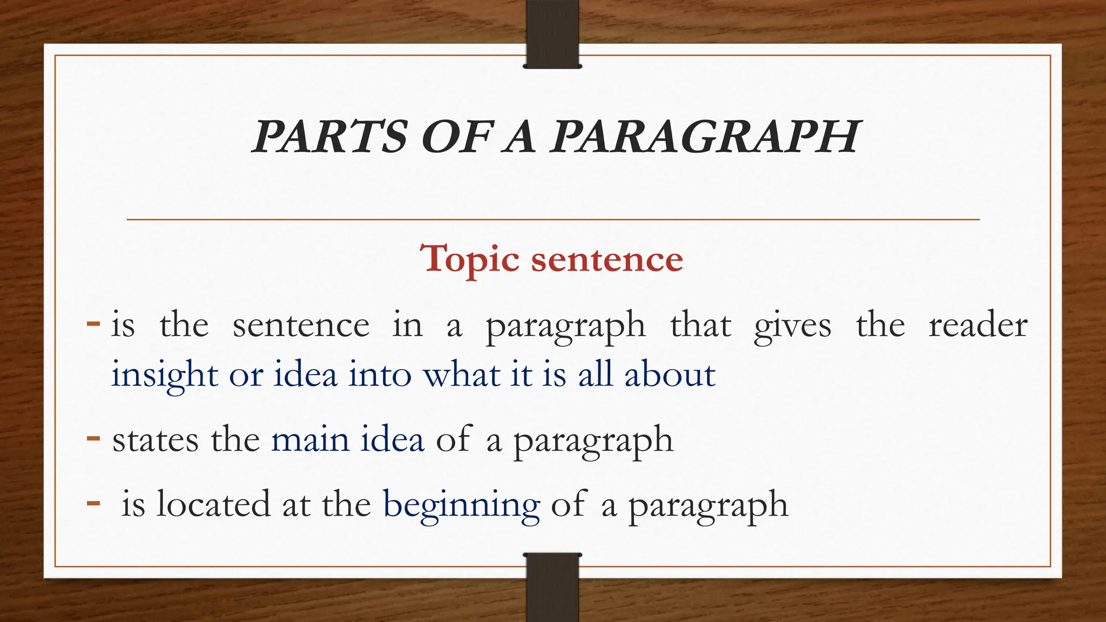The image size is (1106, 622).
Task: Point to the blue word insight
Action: (164, 375)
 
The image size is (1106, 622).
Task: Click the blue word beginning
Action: (461, 505)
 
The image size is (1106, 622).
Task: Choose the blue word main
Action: (310, 440)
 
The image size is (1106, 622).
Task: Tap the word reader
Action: (977, 326)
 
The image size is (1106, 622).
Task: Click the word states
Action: (156, 440)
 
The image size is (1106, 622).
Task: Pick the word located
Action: (213, 504)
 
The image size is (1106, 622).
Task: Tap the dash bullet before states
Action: (93, 437)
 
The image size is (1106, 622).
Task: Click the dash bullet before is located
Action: (93, 503)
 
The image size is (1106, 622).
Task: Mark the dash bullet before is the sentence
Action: (93, 324)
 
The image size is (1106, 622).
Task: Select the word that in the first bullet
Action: (700, 326)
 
